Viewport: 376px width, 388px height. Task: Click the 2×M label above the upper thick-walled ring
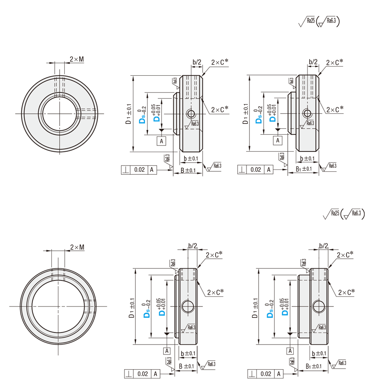pyautogui.click(x=76, y=59)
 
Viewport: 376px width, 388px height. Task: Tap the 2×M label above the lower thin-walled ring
pyautogui.click(x=77, y=247)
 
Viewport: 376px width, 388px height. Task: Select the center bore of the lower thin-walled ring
pyautogui.click(x=58, y=306)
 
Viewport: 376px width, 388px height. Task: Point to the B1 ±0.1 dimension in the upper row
pyautogui.click(x=304, y=169)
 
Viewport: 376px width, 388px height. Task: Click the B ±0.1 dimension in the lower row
pyautogui.click(x=186, y=366)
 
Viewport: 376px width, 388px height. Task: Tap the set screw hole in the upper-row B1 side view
pyautogui.click(x=307, y=113)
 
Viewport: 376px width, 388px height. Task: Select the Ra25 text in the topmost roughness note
pyautogui.click(x=310, y=20)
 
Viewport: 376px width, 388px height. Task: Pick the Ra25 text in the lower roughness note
pyautogui.click(x=335, y=213)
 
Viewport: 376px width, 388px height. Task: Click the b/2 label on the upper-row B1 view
pyautogui.click(x=313, y=62)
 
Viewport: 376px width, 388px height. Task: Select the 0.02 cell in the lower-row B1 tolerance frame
pyautogui.click(x=266, y=374)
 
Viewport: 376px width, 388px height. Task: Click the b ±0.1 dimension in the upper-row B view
pyautogui.click(x=190, y=158)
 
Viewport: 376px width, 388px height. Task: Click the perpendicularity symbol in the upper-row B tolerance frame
pyautogui.click(x=125, y=170)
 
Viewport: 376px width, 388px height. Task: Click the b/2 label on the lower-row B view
pyautogui.click(x=192, y=246)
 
